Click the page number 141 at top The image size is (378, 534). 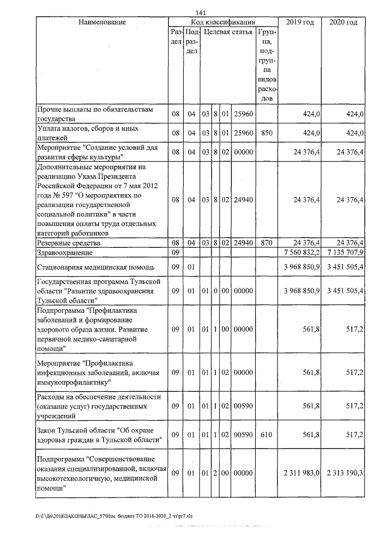tap(199, 13)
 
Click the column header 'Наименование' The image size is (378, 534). tap(102, 22)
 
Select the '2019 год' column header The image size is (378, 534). tap(299, 22)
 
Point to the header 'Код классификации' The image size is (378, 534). tap(223, 22)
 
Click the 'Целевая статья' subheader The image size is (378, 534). tap(228, 32)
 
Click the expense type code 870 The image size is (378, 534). tap(266, 243)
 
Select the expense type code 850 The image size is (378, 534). tap(266, 133)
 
